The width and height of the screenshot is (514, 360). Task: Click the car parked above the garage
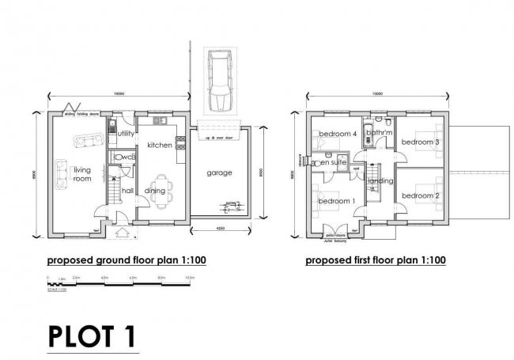(217, 81)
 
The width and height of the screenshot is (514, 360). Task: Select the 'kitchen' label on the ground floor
(160, 145)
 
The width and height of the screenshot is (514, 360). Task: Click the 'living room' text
(81, 174)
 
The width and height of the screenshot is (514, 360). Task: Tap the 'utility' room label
(124, 135)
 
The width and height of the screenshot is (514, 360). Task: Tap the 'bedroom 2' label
(419, 195)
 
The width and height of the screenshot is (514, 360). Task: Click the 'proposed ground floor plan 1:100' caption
(127, 259)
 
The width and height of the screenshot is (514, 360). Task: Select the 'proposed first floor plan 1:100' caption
(376, 259)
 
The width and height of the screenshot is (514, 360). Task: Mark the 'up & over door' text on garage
(218, 138)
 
